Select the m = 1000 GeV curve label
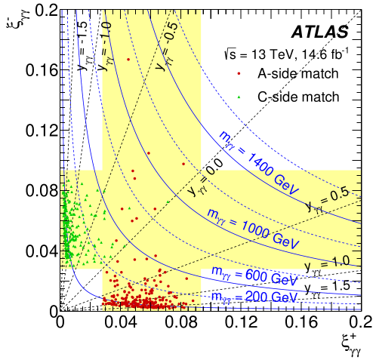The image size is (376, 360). [x=252, y=229]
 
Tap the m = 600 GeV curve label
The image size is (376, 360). [x=254, y=275]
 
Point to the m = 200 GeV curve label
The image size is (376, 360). [x=254, y=297]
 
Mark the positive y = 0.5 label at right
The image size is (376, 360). [x=327, y=199]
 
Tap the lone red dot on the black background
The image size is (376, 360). [x=239, y=73]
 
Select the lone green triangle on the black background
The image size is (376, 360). [x=239, y=97]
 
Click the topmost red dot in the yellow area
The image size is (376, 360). [x=128, y=59]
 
